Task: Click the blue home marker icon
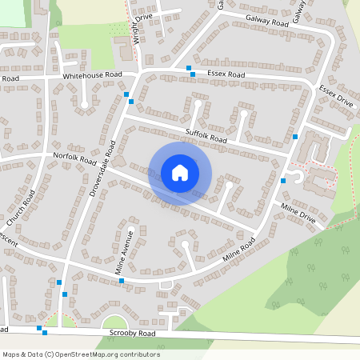180,173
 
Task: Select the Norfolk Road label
75,157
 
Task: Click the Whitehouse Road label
92,74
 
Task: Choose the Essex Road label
226,74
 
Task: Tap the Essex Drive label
335,96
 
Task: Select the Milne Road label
238,254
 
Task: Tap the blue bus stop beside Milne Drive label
283,181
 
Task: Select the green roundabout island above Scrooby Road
120,322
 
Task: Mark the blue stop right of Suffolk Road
295,137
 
